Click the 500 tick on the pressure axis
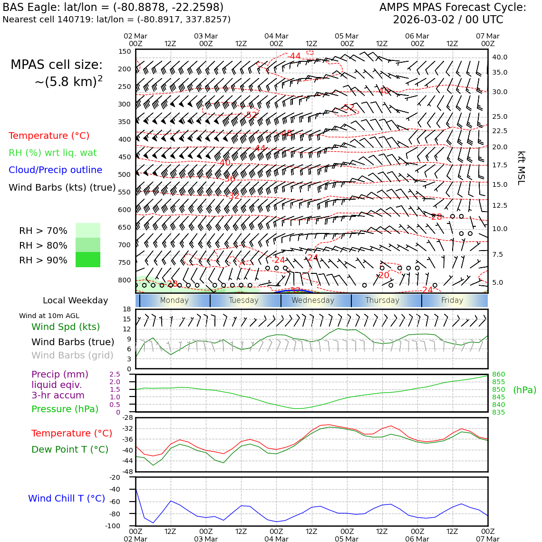point(124,174)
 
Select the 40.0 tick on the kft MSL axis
point(499,57)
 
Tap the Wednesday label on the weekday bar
point(313,300)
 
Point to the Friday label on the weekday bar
point(452,300)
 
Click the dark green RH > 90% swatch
point(88,260)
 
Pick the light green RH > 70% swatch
point(88,231)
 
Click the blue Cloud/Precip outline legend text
point(55,170)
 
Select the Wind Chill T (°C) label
point(67,498)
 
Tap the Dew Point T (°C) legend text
point(70,449)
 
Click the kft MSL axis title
point(521,168)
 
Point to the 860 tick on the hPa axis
point(498,375)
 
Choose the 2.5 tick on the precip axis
point(115,375)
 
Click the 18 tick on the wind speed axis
point(126,309)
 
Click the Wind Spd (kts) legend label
point(66,327)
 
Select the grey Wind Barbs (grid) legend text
point(73,356)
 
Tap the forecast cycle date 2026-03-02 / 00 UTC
point(448,20)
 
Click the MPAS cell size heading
point(57,65)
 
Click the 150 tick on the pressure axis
point(124,51)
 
